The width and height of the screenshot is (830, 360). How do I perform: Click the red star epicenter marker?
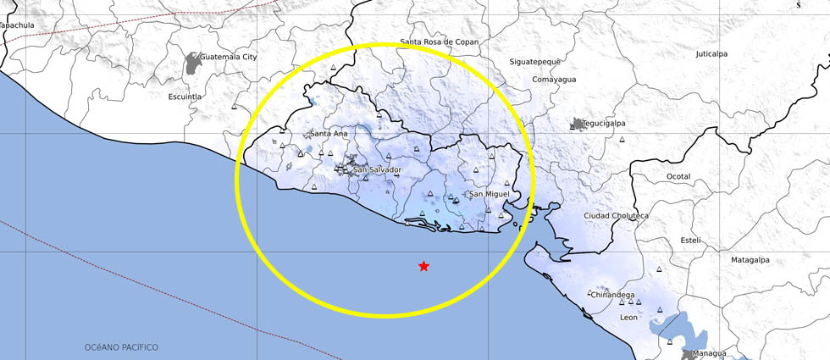click(x=423, y=266)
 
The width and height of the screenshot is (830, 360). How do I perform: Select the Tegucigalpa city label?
click(x=605, y=123)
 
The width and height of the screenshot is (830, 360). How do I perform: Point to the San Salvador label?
click(x=377, y=170)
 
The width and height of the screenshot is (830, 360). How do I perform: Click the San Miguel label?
click(x=490, y=194)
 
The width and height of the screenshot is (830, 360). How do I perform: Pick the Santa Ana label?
click(x=329, y=134)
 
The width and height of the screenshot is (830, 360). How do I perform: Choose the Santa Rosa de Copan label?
click(x=440, y=42)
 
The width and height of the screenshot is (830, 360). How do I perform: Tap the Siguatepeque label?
click(x=537, y=63)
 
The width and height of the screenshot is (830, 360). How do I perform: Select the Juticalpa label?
click(x=711, y=53)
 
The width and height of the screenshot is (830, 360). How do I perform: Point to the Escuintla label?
click(x=185, y=97)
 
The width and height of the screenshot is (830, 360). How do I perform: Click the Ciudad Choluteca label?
click(x=616, y=216)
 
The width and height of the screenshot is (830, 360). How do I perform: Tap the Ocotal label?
click(x=678, y=176)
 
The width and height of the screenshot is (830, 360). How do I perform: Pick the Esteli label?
click(x=690, y=241)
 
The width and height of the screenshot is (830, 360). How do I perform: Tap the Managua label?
click(x=708, y=353)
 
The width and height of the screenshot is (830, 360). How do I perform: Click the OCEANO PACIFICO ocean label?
click(x=121, y=347)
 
